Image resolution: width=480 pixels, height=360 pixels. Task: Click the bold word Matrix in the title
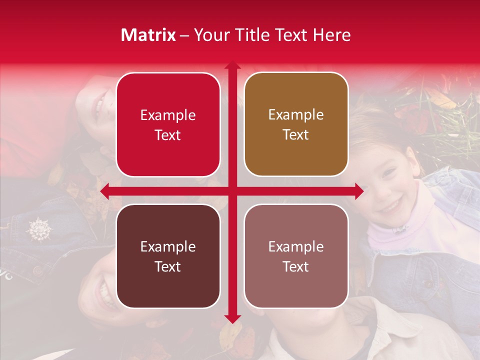(148, 35)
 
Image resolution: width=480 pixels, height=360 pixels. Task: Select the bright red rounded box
(168, 125)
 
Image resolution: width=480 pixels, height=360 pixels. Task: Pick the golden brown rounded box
(296, 124)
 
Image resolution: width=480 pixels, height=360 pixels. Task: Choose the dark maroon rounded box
(168, 256)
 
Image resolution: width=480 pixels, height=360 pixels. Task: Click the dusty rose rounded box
(296, 256)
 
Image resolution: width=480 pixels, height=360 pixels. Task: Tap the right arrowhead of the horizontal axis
(359, 191)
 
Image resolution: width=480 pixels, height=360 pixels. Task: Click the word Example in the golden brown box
(296, 114)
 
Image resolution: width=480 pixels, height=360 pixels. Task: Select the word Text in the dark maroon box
(168, 266)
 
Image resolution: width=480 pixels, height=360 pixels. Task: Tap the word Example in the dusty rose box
(296, 246)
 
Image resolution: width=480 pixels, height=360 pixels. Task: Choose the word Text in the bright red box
(168, 135)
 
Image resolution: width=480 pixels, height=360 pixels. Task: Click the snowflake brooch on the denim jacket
(39, 229)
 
